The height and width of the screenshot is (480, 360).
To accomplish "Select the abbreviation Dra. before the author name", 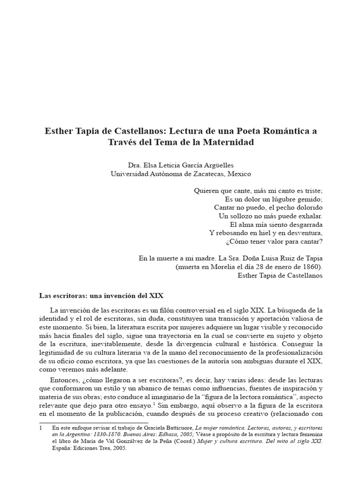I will (135, 165).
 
